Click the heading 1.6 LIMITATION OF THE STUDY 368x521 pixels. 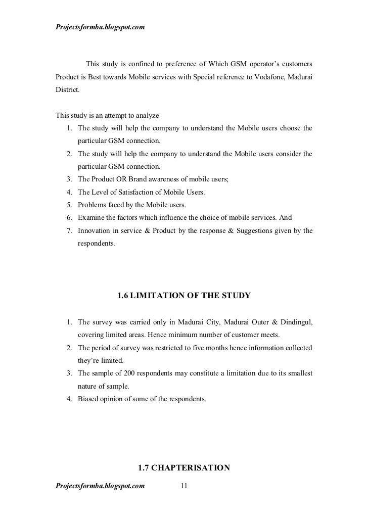tap(183, 295)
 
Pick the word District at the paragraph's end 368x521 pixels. tap(67, 93)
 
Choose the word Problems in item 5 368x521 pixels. tap(93, 205)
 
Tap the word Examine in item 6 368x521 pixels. tap(91, 218)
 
